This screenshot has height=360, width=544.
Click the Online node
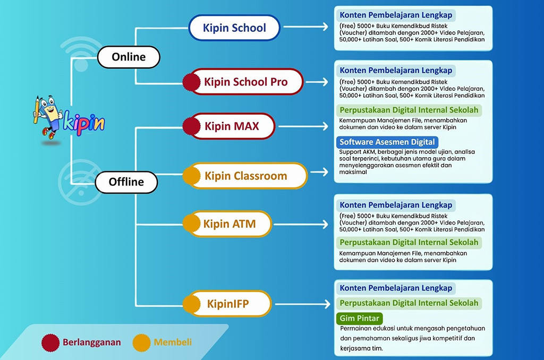point(129,57)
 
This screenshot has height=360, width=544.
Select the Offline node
point(126,182)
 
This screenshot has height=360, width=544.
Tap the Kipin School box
point(234,28)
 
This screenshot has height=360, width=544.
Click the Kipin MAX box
point(232,126)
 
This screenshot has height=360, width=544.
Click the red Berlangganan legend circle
point(50,342)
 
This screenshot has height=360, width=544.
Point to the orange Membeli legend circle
point(141,342)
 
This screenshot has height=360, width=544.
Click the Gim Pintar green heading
point(360,319)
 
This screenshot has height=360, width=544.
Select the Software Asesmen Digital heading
point(387,142)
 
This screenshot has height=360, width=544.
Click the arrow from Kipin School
point(305,27)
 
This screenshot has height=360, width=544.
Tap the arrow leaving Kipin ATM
point(301,225)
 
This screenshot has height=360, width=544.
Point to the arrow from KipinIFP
point(302,304)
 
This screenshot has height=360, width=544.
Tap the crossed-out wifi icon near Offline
point(81,183)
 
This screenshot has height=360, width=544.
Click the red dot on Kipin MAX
point(191,126)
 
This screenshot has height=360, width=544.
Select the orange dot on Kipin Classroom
point(191,176)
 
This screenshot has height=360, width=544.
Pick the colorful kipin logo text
point(84,123)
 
